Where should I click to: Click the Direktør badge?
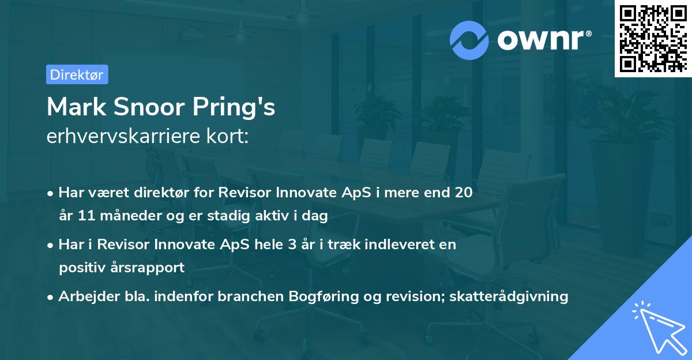[77, 74]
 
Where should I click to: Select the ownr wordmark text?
[544, 40]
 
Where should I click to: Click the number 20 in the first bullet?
[463, 193]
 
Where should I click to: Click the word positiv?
[82, 268]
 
